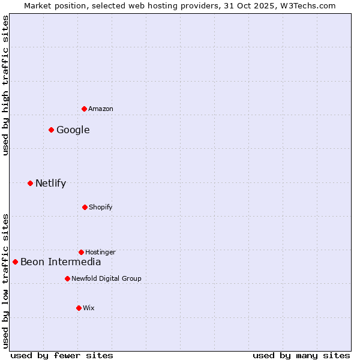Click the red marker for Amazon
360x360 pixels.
click(85, 109)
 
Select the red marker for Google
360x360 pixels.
click(52, 130)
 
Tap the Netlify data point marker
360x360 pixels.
click(30, 183)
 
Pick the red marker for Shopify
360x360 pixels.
click(85, 207)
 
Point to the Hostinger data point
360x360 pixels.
click(81, 252)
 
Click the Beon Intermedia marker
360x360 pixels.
click(16, 262)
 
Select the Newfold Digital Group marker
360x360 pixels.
click(67, 278)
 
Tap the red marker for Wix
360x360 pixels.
click(79, 308)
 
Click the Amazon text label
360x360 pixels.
click(101, 109)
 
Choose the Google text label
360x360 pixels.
click(73, 130)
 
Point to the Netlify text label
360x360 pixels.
click(50, 183)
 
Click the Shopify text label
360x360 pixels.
click(101, 207)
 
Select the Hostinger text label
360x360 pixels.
click(100, 252)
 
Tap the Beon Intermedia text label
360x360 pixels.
click(61, 262)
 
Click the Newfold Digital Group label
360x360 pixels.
click(106, 278)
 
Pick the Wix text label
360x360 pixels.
click(89, 308)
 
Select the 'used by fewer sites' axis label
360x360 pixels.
click(62, 355)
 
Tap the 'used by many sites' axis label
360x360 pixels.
click(301, 355)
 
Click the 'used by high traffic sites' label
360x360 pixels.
click(5, 86)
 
